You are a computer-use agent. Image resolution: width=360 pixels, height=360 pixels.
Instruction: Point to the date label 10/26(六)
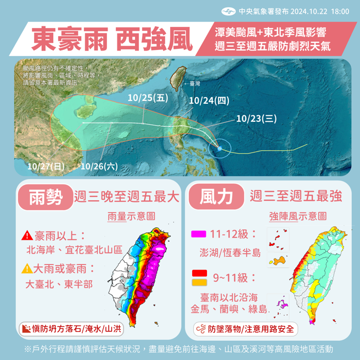(x=99, y=166)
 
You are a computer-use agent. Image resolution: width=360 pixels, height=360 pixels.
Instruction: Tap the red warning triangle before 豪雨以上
(x=27, y=236)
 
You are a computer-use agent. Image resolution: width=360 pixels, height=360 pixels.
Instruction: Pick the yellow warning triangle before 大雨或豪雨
(x=27, y=269)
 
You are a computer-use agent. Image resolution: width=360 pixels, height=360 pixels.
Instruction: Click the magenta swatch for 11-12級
(x=198, y=234)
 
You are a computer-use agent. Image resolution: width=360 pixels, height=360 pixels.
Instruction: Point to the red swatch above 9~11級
(x=198, y=273)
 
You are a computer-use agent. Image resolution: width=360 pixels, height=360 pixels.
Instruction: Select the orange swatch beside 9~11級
(x=198, y=282)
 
